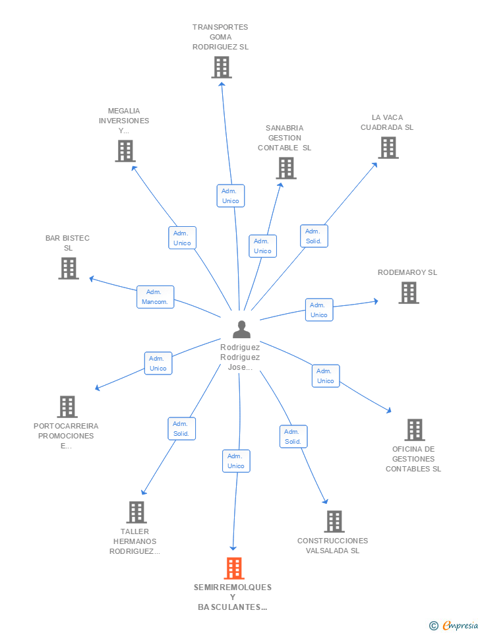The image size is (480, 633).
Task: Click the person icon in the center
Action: [241, 329]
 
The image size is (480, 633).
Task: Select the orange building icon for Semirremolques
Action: [234, 568]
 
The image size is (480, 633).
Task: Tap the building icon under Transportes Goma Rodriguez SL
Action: [222, 67]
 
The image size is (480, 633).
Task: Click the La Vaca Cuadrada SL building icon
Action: [388, 147]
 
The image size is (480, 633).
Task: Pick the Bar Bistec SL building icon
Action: [68, 268]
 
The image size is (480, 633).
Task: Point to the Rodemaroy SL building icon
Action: [409, 292]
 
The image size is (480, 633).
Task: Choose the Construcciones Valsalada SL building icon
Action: [334, 522]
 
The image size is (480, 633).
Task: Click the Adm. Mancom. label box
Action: [155, 297]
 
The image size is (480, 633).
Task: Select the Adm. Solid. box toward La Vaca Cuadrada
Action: [314, 236]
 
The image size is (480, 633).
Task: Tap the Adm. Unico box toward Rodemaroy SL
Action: [319, 310]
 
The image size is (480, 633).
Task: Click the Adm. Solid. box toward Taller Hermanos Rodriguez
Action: [181, 429]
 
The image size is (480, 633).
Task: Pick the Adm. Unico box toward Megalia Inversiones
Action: [182, 238]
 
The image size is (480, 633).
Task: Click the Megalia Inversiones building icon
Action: [125, 151]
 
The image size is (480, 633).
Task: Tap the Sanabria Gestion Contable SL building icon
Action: [286, 168]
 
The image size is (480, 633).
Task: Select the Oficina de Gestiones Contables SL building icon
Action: [415, 429]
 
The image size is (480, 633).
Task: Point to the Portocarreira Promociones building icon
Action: [67, 407]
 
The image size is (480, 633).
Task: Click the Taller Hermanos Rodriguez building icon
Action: [136, 512]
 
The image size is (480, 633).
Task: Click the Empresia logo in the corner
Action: [454, 625]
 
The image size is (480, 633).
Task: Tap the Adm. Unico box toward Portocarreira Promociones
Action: [158, 363]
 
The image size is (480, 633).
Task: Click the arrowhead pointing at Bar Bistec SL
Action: [92, 278]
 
